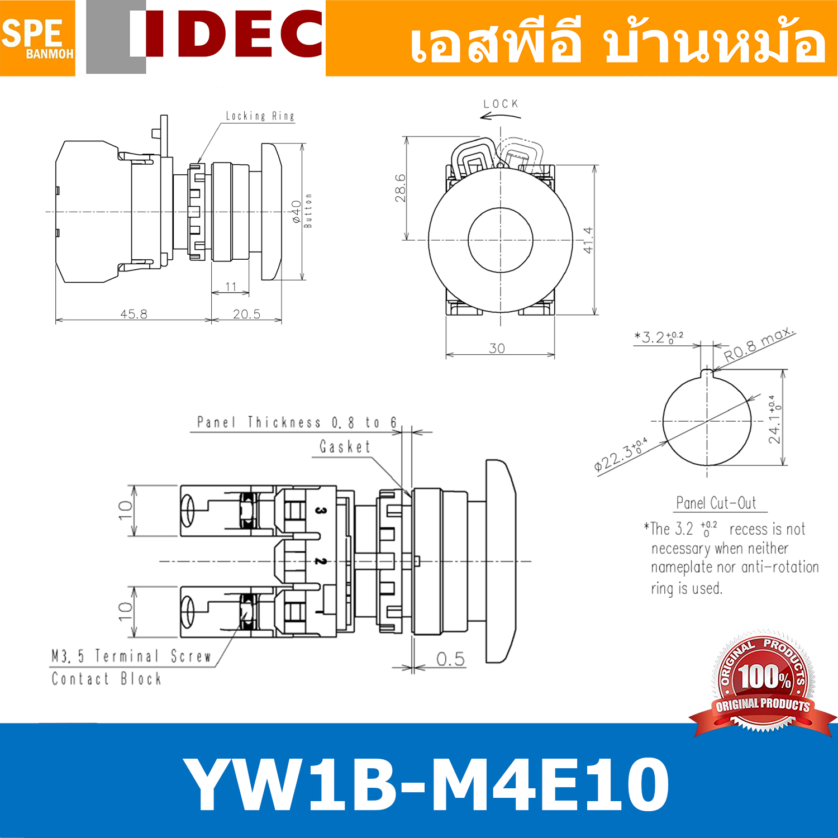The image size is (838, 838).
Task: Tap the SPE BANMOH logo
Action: coord(37,38)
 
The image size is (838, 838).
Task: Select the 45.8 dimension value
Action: coord(134,314)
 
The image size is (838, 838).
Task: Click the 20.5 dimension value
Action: coord(246,314)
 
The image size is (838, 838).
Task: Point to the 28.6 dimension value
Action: coord(400,188)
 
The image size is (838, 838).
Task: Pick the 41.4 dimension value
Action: coord(588,240)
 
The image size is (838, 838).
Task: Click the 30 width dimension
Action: coord(497,349)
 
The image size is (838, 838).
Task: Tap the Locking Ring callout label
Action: coord(260,116)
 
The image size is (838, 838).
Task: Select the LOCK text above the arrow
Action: coord(501,104)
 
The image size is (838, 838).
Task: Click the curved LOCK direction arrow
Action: coord(500,116)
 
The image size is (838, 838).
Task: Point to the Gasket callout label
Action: coord(345,447)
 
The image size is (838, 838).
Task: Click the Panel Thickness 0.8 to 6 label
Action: coord(297,422)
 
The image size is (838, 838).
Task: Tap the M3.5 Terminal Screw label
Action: coord(131,656)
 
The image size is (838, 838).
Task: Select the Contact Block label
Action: coord(106,679)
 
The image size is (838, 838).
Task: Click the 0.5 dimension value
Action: coord(450,659)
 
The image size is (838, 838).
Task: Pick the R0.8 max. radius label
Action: coord(759,346)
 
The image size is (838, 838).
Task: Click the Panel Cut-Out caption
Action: coord(716,503)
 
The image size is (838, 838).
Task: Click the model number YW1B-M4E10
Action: coord(426,784)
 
